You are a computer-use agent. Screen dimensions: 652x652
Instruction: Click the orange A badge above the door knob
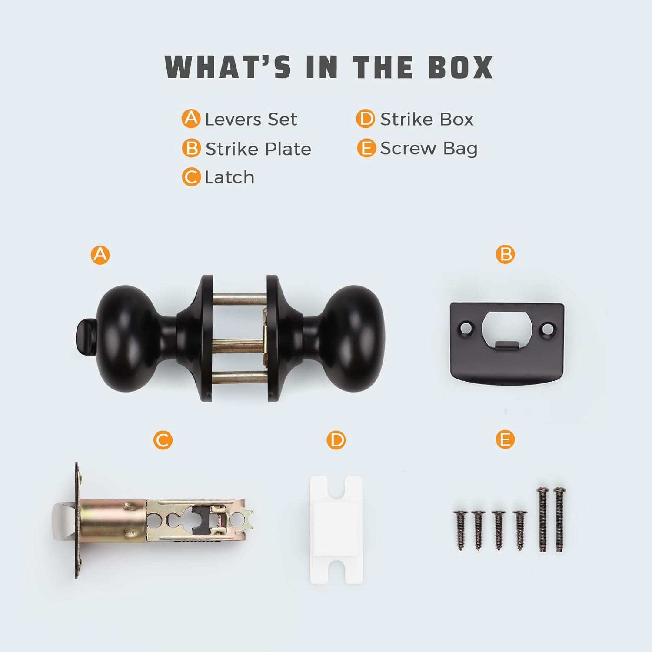(x=100, y=254)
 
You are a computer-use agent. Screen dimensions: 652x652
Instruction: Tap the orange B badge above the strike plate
(x=505, y=254)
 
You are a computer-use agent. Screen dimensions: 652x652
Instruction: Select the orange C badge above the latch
(x=163, y=440)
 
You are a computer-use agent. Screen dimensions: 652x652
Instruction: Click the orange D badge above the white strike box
(x=336, y=440)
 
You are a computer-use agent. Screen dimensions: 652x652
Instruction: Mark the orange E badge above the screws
(x=505, y=440)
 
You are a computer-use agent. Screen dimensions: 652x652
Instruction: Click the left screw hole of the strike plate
(x=466, y=326)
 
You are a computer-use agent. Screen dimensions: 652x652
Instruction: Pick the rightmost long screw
(x=559, y=520)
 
